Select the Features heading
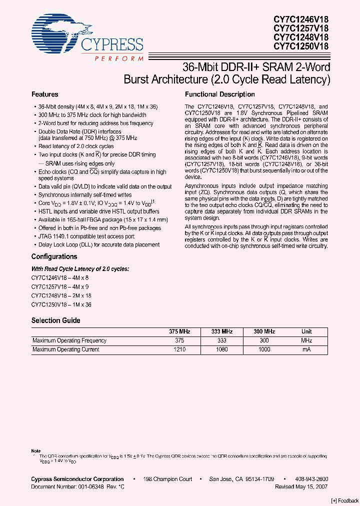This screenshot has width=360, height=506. point(45,94)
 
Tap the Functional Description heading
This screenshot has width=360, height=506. point(220,94)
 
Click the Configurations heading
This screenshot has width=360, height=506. point(54,256)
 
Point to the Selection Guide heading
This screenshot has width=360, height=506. point(55,320)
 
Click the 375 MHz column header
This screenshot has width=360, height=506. point(179,331)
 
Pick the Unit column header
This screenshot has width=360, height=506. point(306,331)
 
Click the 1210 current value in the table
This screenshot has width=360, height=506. point(179,349)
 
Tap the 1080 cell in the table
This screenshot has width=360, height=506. point(221,349)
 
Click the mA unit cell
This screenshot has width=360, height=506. point(306,349)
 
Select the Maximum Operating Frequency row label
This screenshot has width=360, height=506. point(69,340)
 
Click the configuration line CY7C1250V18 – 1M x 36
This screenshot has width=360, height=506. point(61,304)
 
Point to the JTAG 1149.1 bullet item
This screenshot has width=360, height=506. point(87,237)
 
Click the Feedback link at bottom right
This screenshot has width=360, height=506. point(344,500)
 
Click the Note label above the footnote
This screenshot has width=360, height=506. point(36,451)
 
